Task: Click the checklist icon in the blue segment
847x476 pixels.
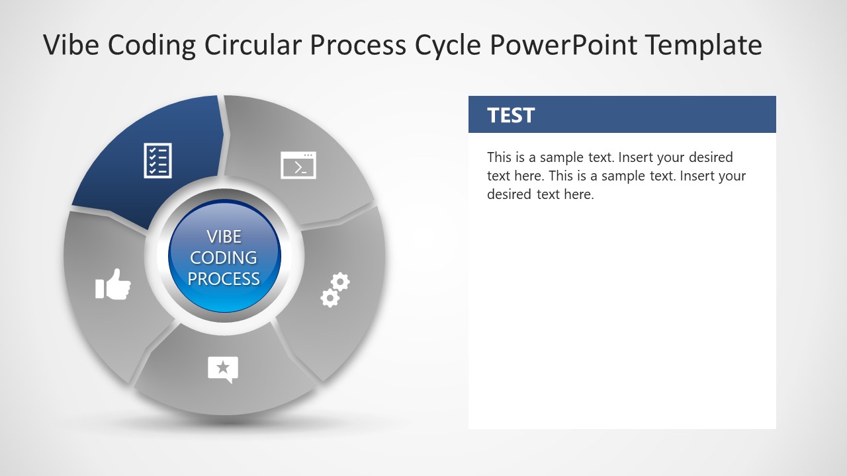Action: [158, 161]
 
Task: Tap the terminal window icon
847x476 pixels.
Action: [298, 165]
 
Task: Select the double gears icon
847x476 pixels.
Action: [335, 290]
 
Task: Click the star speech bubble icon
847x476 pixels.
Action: [223, 370]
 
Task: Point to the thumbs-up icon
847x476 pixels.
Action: [113, 284]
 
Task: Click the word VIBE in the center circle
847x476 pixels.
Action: [224, 237]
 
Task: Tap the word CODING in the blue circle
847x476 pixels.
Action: [224, 258]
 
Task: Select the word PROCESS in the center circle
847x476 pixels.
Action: [224, 279]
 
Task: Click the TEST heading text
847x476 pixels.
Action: [511, 116]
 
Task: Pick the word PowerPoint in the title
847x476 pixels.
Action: [564, 46]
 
